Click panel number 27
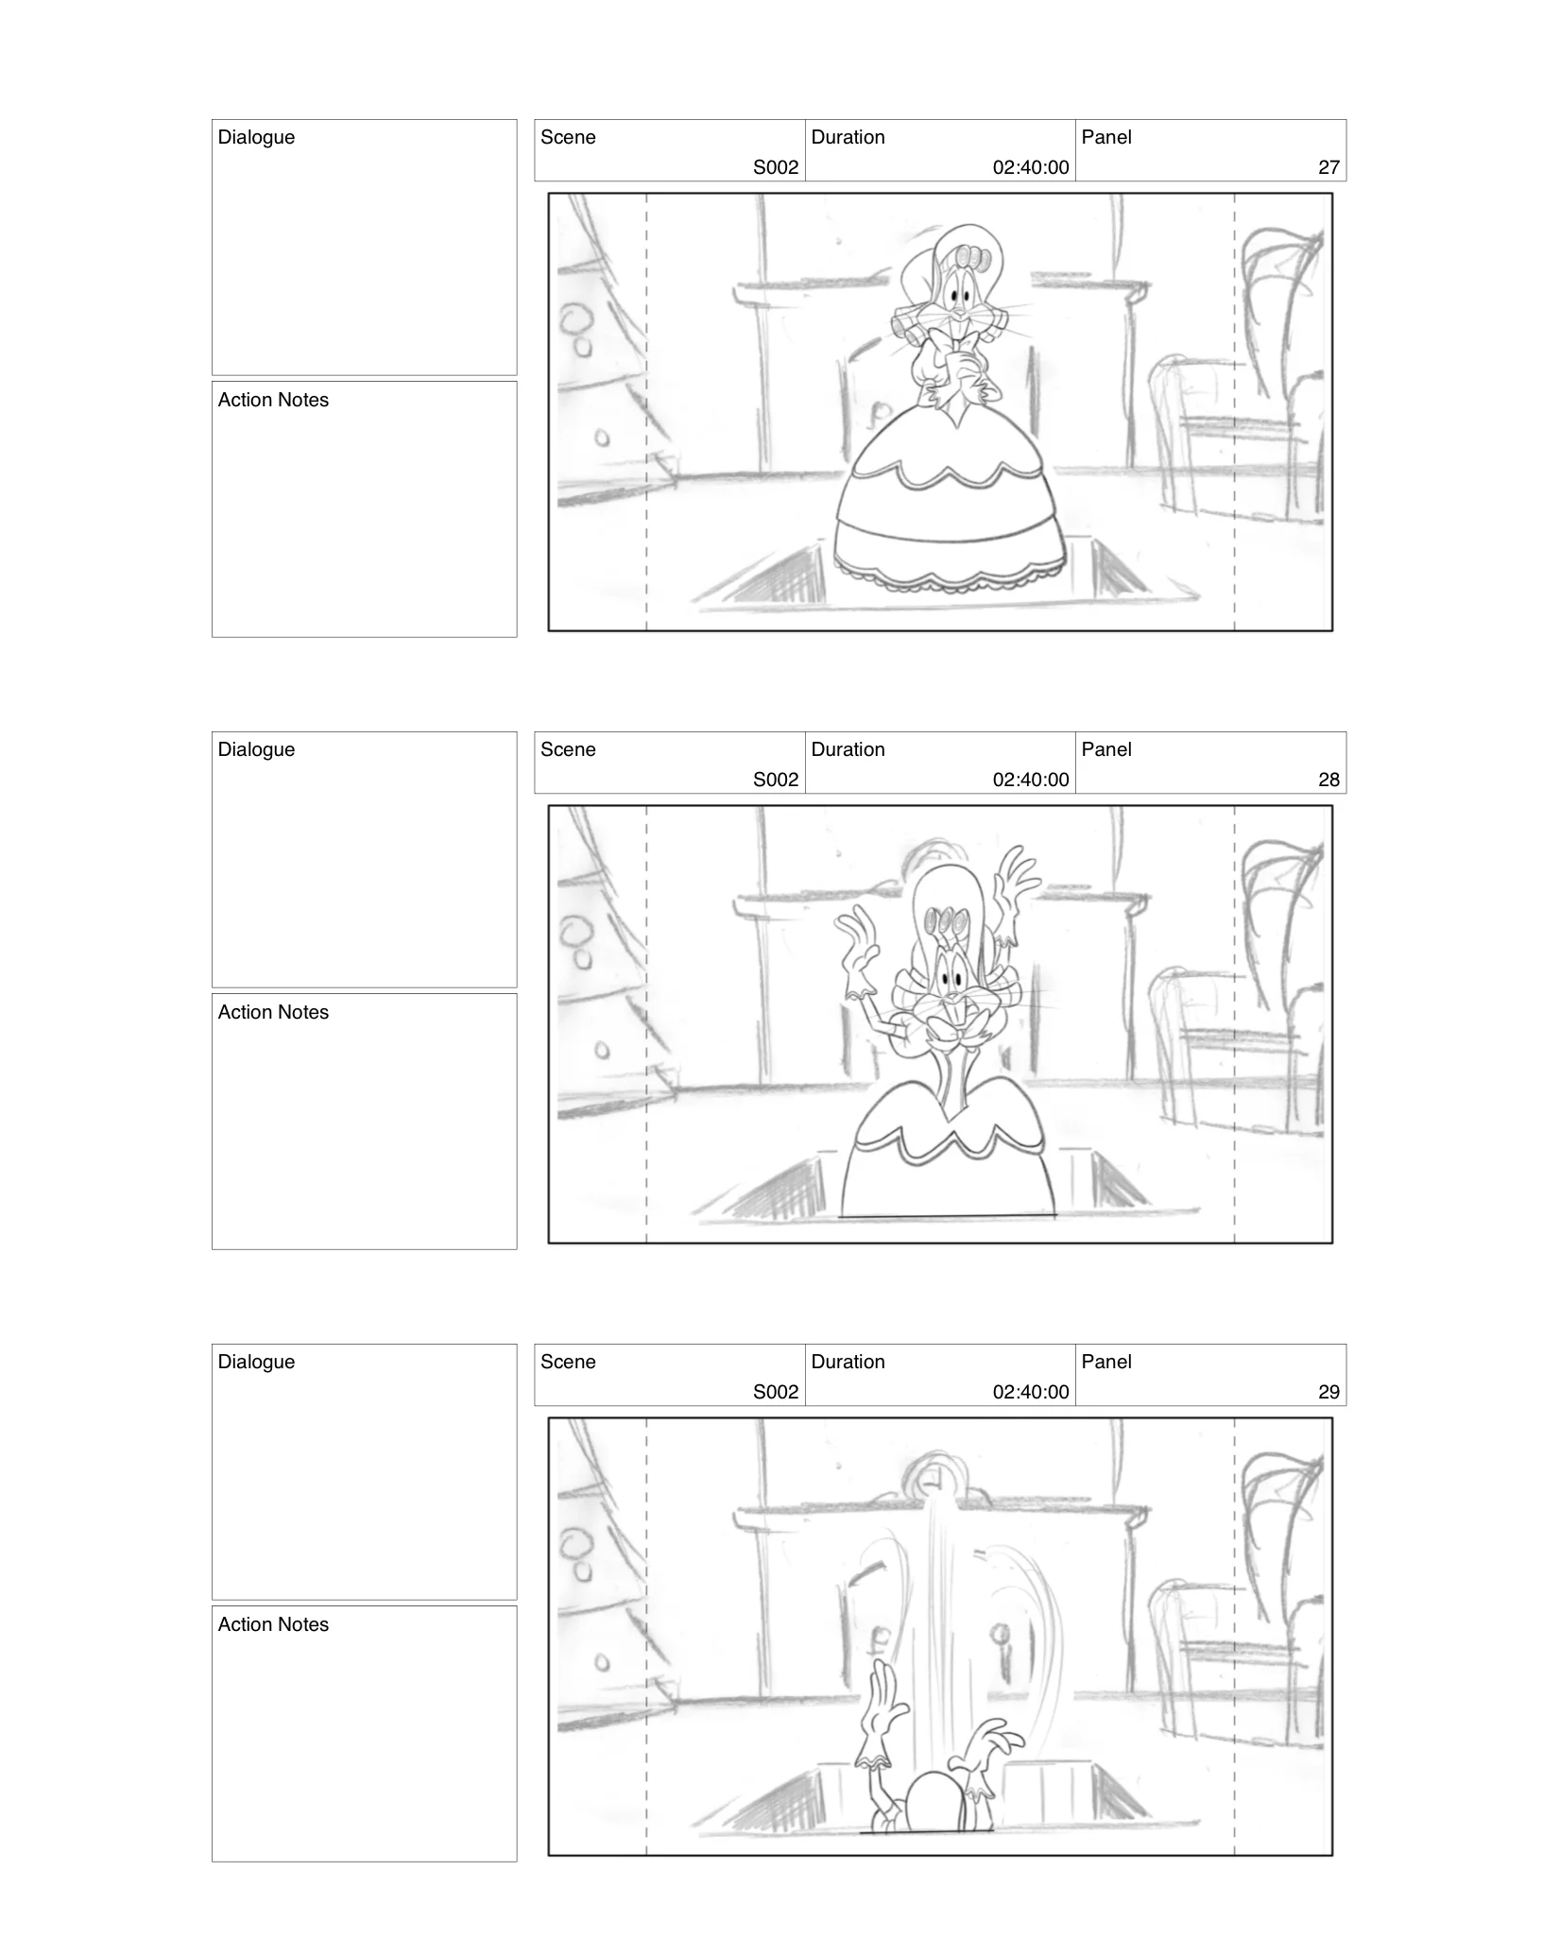1328,167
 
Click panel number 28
1328,780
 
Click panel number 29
1328,1392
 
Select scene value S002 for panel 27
775,167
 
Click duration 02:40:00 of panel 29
1030,1392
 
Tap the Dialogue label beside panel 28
256,749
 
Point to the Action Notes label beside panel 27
273,400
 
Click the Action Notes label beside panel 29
273,1624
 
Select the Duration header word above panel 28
848,749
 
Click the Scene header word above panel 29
568,1362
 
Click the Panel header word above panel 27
1105,137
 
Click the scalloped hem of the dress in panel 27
950,578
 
